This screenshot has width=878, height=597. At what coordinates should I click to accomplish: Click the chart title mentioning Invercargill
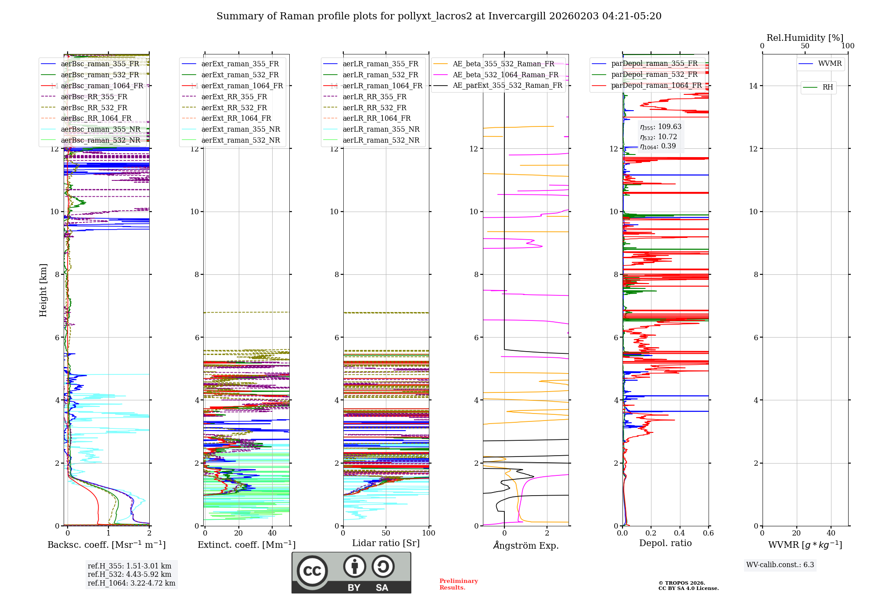point(439,16)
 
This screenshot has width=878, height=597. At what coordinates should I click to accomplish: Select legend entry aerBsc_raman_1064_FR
point(102,86)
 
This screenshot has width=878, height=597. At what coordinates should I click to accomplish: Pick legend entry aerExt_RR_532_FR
point(234,108)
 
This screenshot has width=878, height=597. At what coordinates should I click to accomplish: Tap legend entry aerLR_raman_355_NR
point(381,129)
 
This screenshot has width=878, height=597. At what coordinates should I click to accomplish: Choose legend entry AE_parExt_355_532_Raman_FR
point(507,85)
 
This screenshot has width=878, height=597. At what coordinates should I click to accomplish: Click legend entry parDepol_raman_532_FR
point(654,75)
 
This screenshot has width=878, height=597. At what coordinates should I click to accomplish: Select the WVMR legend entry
point(829,64)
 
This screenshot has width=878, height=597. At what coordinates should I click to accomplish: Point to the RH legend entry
point(828,87)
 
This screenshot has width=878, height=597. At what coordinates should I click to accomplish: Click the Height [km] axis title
point(43,290)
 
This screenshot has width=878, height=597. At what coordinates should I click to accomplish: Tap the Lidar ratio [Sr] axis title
point(385,543)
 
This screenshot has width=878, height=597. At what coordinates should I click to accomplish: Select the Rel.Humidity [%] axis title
point(805,38)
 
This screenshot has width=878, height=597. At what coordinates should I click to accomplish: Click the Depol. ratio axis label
point(665,543)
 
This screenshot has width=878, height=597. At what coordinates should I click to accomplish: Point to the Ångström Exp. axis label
point(525,545)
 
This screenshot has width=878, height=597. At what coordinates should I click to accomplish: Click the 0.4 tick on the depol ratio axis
point(680,533)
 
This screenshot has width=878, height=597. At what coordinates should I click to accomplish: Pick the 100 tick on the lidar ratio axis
point(428,533)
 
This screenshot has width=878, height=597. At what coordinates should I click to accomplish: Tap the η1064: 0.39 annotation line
point(658,146)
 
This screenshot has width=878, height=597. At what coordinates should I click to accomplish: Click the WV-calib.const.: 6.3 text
point(780,565)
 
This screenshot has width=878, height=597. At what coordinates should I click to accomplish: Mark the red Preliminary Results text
point(458,584)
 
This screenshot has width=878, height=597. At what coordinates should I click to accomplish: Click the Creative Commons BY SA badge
point(351,572)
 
